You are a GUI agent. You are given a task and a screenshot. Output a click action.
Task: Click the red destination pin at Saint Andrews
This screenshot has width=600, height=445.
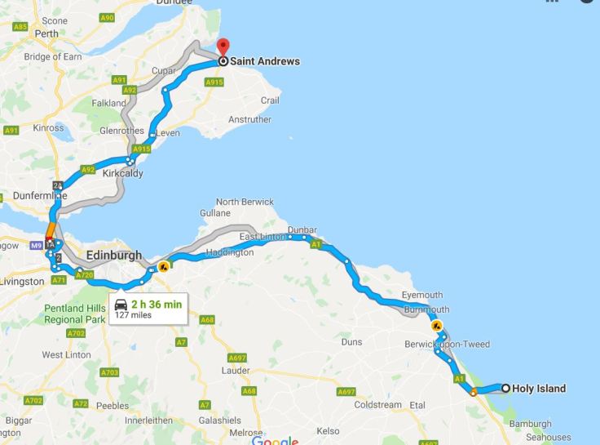(223, 47)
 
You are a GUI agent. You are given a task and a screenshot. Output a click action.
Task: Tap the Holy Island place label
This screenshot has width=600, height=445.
(539, 389)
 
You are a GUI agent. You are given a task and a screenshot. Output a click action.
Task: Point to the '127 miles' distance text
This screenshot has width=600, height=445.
(134, 315)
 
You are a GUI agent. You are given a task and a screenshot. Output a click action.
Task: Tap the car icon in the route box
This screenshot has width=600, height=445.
(121, 305)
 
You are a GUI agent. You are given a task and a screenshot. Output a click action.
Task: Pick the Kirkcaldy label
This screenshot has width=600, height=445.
(123, 173)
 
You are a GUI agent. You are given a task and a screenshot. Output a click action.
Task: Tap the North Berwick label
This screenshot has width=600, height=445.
(245, 202)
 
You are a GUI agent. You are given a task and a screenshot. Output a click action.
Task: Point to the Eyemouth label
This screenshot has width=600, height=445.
(422, 295)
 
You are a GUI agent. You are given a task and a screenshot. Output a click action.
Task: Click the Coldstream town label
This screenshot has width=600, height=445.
(378, 404)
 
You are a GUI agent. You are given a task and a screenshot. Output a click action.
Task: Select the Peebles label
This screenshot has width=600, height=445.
(112, 406)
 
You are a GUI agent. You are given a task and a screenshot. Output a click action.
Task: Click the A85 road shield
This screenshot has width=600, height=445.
(20, 26)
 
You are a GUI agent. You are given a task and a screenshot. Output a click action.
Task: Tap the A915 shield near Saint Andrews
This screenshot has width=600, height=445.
(214, 82)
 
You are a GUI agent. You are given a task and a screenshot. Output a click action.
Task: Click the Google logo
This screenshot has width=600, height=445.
(275, 440)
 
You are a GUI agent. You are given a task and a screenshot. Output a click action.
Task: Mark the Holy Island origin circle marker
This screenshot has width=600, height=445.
(505, 389)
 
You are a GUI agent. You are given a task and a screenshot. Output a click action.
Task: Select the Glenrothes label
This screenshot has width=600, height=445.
(121, 131)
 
